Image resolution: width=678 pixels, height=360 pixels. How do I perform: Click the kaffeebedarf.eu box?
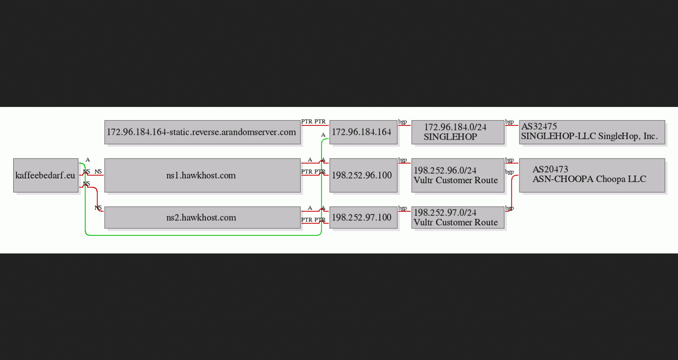[46, 175]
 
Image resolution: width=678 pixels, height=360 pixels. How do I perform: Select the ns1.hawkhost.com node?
[203, 175]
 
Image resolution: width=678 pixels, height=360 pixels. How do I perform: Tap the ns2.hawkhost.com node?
[203, 218]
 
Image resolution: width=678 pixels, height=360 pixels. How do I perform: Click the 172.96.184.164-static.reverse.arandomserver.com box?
[203, 132]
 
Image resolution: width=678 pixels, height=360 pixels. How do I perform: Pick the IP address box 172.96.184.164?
[364, 132]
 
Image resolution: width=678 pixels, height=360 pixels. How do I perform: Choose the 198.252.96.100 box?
[364, 175]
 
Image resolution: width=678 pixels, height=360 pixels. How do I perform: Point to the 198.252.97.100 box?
[364, 218]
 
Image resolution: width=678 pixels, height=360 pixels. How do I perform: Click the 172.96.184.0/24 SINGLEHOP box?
[458, 132]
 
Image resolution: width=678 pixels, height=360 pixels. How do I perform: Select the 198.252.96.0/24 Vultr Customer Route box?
[458, 175]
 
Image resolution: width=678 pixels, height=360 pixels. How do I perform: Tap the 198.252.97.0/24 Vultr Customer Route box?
[458, 218]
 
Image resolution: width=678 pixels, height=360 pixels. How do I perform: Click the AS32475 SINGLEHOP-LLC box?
[592, 132]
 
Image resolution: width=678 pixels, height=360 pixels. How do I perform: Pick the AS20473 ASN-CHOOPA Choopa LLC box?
[592, 175]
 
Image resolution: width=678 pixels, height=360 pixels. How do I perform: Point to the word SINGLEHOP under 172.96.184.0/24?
[450, 137]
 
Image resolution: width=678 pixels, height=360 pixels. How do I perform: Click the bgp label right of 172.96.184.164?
[403, 122]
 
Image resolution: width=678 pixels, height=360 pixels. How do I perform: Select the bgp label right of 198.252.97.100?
[403, 208]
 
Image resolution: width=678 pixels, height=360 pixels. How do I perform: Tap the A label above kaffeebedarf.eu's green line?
[88, 159]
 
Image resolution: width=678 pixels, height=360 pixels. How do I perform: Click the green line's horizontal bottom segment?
[203, 235]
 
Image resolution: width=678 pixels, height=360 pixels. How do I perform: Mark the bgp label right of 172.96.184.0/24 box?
[509, 122]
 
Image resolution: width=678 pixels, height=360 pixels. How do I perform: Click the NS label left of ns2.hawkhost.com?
[98, 208]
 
